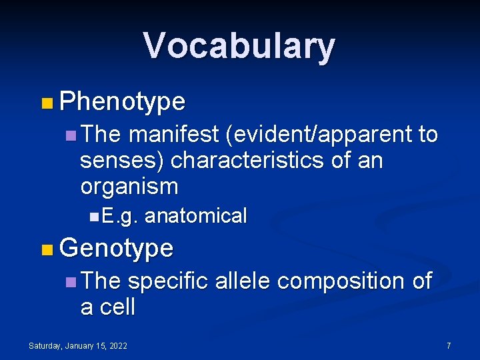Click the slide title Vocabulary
point(239,46)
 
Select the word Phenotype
point(122,101)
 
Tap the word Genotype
point(116,248)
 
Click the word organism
point(129,187)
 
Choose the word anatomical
point(195,216)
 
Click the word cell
point(117,307)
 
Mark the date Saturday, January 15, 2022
point(78,345)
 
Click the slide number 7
point(449,345)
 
